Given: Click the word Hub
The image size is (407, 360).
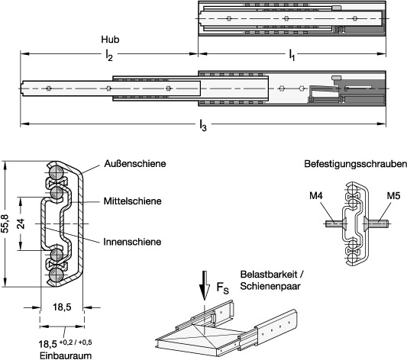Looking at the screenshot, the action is pos(110,40).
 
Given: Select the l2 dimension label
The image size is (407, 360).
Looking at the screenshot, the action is pos(109,55).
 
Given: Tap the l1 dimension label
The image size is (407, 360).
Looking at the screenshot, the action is pos(292,55).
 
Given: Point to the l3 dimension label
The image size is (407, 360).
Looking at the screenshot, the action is pos(203,125).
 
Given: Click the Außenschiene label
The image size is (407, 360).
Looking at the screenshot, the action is pos(135,163).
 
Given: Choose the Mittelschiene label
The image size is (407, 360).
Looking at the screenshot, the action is pos(132,201).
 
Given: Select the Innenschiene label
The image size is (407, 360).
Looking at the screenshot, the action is pos(132,242).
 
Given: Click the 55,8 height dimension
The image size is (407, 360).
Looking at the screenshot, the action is pos(5,223).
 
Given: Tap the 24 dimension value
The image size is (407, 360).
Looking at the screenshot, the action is pos(21,223).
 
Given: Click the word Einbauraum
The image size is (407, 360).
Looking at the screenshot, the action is pos(66,355).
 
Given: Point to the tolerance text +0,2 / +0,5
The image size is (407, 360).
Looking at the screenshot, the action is pos(76,342).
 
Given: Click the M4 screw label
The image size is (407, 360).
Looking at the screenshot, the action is pos(316,196).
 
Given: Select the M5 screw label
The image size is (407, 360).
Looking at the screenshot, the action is pos(393,196).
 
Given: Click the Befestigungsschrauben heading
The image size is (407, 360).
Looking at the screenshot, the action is pos(355,164).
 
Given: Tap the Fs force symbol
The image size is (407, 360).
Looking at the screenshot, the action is pos(223,288).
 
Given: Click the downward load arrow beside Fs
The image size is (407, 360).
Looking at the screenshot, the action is pos(205,285).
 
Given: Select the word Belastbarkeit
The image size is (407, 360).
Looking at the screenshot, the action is pos(270,275).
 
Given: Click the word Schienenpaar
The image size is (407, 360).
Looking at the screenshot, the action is pos(270,286).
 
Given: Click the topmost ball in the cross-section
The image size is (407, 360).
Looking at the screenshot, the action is pos(56,173).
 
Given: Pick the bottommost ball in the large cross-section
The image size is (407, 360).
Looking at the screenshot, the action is pos(56,275).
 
